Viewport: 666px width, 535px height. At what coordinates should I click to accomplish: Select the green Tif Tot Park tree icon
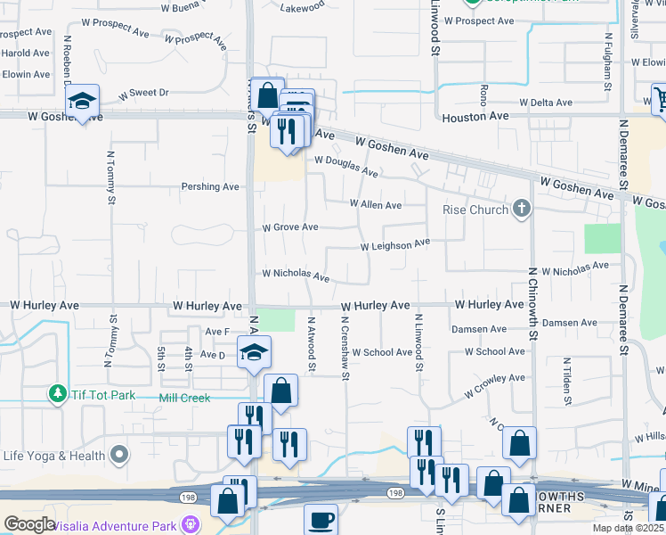[58, 393]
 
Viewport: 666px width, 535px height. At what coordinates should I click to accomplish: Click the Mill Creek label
[184, 398]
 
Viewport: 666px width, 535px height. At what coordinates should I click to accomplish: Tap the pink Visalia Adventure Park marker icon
[189, 523]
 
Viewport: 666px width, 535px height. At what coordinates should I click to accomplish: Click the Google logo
[29, 524]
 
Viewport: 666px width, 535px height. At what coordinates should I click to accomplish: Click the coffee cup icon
[321, 520]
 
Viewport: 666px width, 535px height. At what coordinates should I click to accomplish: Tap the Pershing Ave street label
[210, 187]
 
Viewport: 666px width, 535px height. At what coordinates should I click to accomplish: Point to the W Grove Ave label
[290, 227]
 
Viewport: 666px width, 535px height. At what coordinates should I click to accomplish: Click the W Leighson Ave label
[394, 244]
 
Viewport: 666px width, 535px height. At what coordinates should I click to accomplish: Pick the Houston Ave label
[475, 116]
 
